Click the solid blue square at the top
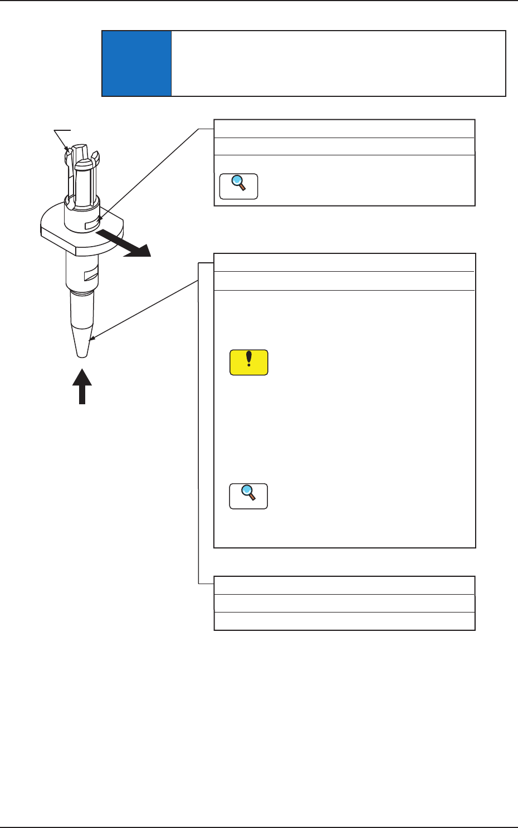[136, 63]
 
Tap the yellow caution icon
[249, 362]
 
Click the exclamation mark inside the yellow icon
[249, 360]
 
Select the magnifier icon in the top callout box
[239, 186]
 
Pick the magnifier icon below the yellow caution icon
[248, 496]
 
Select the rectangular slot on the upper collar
[91, 225]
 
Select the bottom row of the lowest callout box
[344, 621]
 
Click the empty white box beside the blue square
[338, 63]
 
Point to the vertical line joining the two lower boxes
[199, 423]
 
